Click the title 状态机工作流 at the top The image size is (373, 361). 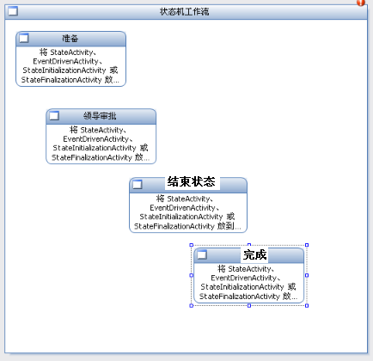[x=184, y=12]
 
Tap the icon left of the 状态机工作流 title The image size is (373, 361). [x=13, y=11]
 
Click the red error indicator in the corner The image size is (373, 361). [x=361, y=3]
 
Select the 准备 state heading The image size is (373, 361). [x=70, y=39]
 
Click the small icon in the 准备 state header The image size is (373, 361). [x=24, y=38]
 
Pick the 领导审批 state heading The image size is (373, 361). [x=100, y=116]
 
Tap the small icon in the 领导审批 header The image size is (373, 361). [x=54, y=116]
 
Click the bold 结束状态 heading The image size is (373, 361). [x=192, y=182]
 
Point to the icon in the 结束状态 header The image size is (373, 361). [x=138, y=185]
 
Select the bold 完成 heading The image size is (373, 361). [x=255, y=254]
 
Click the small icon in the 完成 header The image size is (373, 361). [x=202, y=254]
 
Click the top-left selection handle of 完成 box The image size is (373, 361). [x=192, y=245]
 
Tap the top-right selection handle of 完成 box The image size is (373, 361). [x=307, y=245]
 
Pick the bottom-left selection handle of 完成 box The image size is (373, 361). [x=192, y=306]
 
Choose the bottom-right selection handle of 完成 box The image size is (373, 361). [x=307, y=306]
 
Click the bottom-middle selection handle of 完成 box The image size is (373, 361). [x=249, y=306]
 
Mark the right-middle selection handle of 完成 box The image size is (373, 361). [x=307, y=275]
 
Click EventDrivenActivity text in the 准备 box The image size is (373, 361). [x=65, y=61]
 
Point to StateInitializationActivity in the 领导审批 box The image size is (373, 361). [x=95, y=148]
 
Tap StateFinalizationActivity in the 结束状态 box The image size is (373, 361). [x=174, y=226]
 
